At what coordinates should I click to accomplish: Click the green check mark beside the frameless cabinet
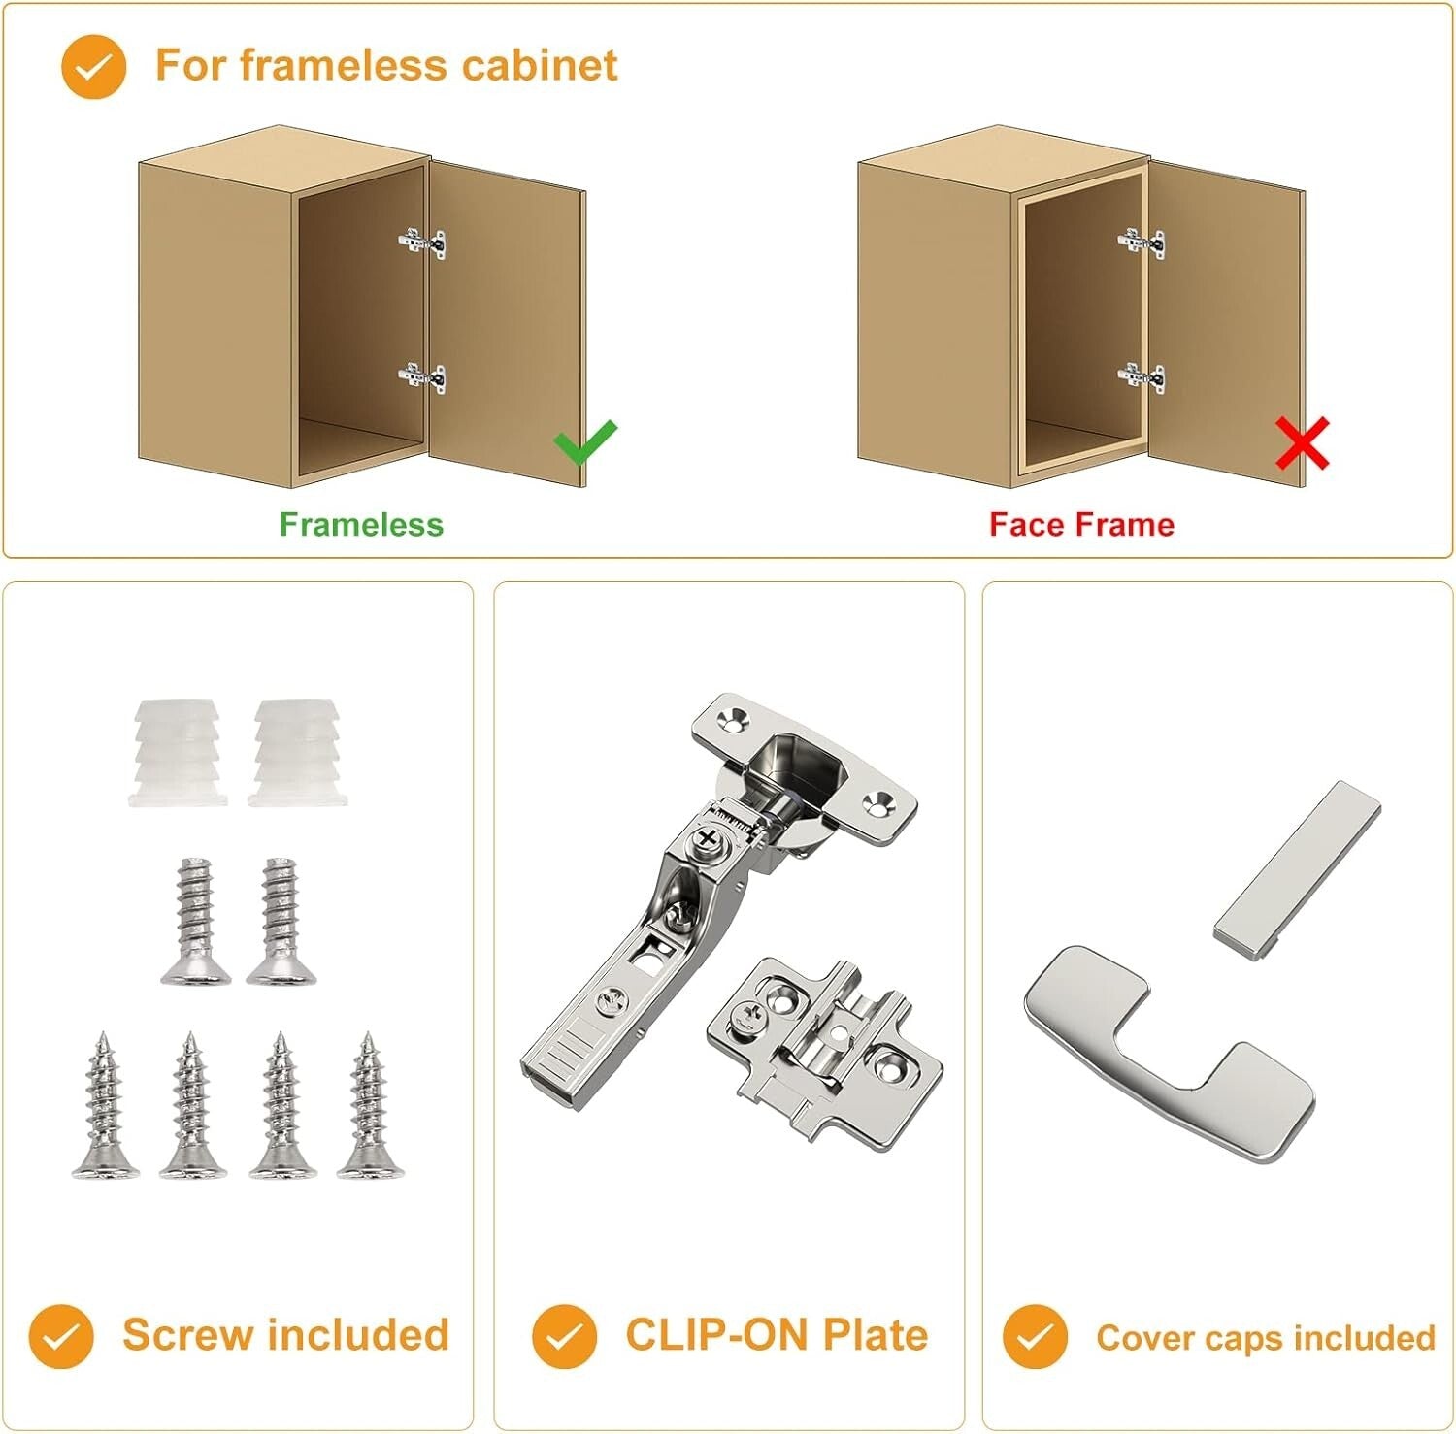pyautogui.click(x=584, y=442)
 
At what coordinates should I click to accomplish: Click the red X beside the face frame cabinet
pyautogui.click(x=1302, y=444)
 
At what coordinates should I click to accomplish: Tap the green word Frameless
pyautogui.click(x=361, y=525)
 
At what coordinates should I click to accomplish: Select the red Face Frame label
pyautogui.click(x=1081, y=525)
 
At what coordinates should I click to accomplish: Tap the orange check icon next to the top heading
pyautogui.click(x=93, y=67)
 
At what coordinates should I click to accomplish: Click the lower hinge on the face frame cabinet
pyautogui.click(x=1142, y=376)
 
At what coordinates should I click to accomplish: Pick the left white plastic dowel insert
pyautogui.click(x=176, y=752)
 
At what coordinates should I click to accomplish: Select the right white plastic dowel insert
pyautogui.click(x=293, y=752)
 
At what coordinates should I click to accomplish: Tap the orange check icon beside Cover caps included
pyautogui.click(x=1035, y=1336)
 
